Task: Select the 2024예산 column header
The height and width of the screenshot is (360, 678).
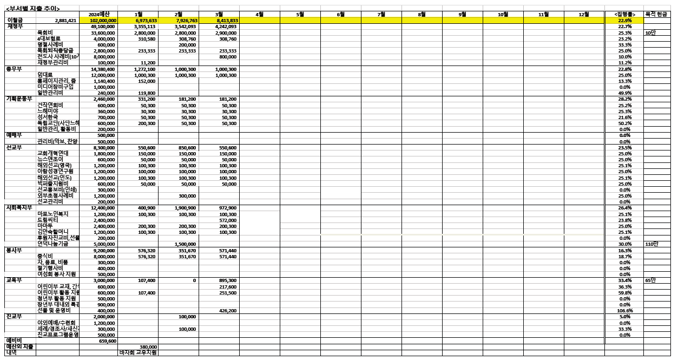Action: point(98,14)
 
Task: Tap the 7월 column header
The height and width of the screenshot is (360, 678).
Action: point(381,14)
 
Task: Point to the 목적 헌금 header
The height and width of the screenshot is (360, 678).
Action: point(656,14)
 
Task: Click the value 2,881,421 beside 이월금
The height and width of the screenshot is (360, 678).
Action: point(65,20)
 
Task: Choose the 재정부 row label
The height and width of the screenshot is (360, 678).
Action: point(15,26)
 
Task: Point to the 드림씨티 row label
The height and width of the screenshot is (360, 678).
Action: point(47,220)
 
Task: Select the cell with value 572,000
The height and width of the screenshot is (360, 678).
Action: point(228,220)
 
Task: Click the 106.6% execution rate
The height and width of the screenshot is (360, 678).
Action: point(625,311)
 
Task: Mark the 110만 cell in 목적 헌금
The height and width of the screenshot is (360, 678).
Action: point(652,244)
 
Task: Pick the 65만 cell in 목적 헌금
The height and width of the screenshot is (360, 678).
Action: point(651,280)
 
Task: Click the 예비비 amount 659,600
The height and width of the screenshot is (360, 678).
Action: point(108,341)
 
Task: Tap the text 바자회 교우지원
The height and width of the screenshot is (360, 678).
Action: point(139,352)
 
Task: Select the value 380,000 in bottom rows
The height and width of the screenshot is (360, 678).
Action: point(148,346)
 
